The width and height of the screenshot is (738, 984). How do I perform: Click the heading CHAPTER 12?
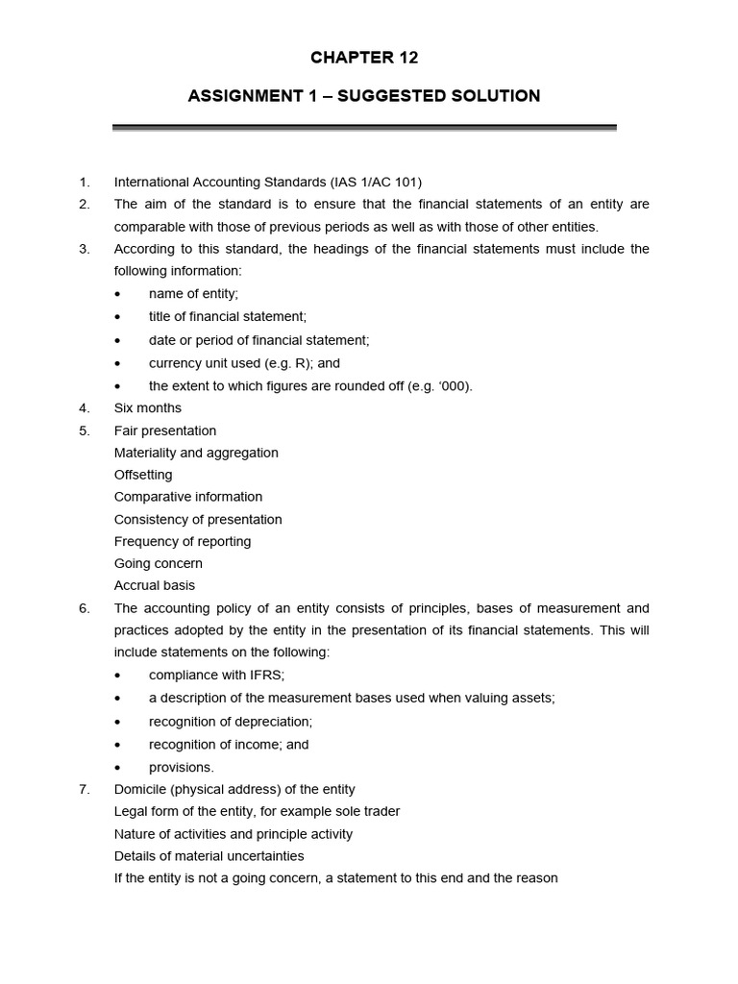(364, 58)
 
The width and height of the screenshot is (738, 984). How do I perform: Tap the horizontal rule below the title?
(364, 127)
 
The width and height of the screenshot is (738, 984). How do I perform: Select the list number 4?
(84, 408)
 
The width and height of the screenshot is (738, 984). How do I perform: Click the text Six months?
(147, 408)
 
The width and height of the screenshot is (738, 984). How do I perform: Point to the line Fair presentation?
(165, 430)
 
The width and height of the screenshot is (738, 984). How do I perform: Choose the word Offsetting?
(143, 475)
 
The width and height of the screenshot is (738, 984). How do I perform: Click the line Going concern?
(159, 563)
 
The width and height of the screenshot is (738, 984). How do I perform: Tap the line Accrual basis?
(155, 585)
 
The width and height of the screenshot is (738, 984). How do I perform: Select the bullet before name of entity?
(118, 294)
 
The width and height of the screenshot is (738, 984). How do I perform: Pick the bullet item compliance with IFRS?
(216, 676)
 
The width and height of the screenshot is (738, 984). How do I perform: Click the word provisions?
(182, 767)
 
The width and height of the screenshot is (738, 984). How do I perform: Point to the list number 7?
(84, 789)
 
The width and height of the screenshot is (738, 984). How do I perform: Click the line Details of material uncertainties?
(209, 855)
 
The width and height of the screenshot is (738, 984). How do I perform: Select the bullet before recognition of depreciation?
(118, 722)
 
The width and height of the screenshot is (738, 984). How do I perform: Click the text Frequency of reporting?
(183, 541)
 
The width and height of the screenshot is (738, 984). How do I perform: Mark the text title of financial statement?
(228, 316)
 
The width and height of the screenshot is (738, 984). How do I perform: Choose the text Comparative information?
(188, 497)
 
